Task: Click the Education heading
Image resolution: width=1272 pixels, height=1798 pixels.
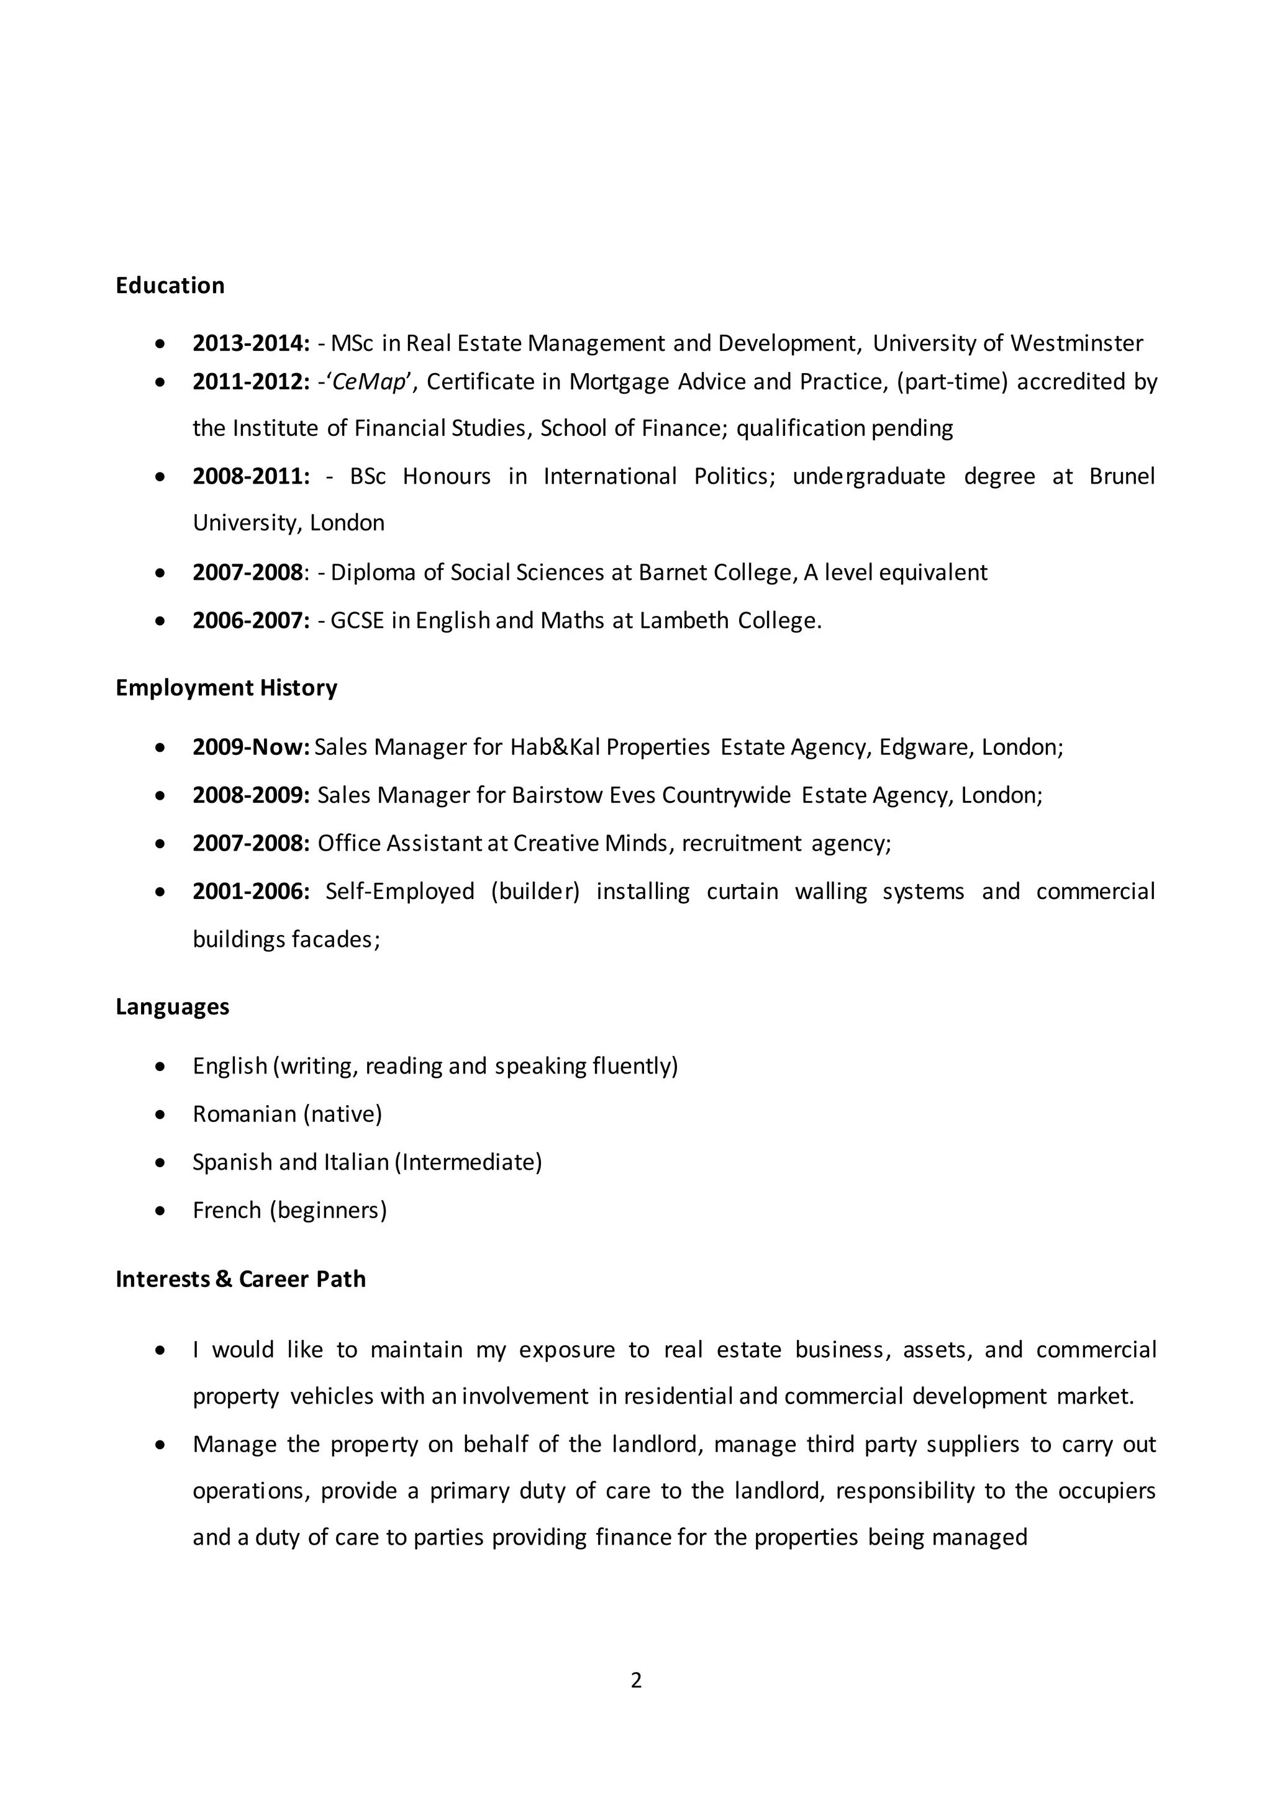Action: [170, 285]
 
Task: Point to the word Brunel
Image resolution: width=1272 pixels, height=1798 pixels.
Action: [1122, 476]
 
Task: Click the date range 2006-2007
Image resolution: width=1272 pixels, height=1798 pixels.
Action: [251, 620]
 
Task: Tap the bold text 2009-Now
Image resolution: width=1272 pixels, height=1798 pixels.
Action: [252, 747]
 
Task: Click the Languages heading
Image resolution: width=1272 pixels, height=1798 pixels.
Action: [172, 1006]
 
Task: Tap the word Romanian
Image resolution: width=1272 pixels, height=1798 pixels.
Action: [244, 1114]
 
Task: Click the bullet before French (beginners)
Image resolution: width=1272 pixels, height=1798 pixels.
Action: [161, 1211]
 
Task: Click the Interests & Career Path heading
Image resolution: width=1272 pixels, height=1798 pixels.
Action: [240, 1279]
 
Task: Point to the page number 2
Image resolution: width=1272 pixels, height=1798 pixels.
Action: [636, 1681]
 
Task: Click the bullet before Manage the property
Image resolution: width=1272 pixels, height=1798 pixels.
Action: [161, 1445]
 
